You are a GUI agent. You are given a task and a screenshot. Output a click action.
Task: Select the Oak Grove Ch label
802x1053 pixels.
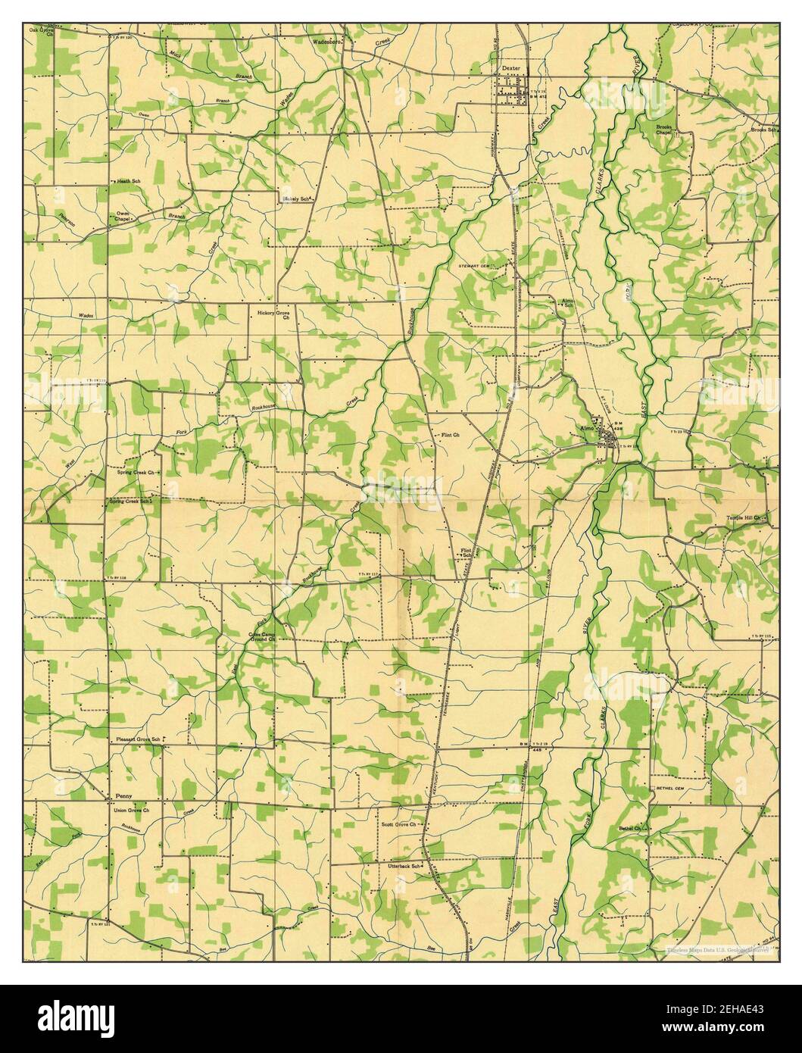tap(42, 32)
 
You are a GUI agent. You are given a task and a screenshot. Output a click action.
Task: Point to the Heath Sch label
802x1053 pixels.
tap(128, 182)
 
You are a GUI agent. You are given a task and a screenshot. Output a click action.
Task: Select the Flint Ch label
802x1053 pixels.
tap(451, 436)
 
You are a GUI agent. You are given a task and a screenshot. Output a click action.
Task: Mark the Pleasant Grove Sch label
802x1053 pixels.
tap(137, 738)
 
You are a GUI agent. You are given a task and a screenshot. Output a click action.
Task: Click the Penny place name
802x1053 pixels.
tap(123, 797)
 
